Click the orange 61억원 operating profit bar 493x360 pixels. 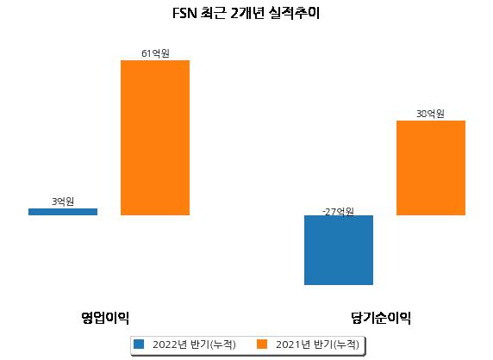point(155,138)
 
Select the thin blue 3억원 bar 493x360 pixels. point(63,212)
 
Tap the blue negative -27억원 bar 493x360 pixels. point(339,250)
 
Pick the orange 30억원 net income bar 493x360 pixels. point(431,168)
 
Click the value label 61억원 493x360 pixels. point(155,53)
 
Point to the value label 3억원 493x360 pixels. point(63,202)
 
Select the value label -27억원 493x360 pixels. point(339,212)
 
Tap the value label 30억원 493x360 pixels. point(430,114)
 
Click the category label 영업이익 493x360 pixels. point(105,318)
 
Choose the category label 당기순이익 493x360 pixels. point(381,318)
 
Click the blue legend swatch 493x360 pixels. point(139,344)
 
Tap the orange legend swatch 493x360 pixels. point(262,344)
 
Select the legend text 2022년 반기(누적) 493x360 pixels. point(194,344)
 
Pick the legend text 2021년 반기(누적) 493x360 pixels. point(317,344)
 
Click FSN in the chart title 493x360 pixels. point(184,14)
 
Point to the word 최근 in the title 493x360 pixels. point(213,13)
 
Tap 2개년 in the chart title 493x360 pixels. point(246,13)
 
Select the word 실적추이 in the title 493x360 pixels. point(294,13)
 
